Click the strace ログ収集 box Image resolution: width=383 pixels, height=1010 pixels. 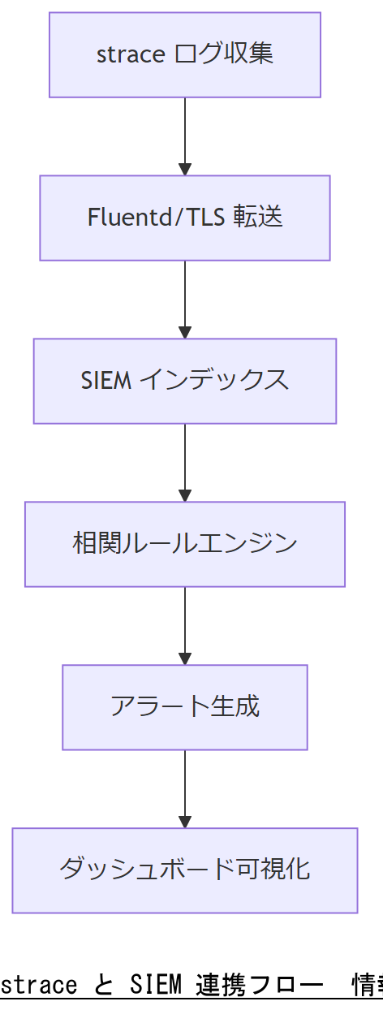[x=185, y=54]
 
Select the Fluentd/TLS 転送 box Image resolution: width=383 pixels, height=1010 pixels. [x=185, y=218]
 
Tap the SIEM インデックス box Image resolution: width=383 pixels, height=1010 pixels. [x=185, y=381]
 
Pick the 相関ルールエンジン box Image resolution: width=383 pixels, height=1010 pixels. [x=185, y=544]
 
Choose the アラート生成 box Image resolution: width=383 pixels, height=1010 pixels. [x=185, y=707]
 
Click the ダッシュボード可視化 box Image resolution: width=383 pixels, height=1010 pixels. [x=185, y=870]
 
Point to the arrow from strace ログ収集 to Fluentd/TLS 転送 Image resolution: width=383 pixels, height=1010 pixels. [x=185, y=136]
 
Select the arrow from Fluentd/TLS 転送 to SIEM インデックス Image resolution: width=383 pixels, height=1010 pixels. [x=185, y=299]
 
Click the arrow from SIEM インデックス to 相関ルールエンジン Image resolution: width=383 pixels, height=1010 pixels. [x=185, y=462]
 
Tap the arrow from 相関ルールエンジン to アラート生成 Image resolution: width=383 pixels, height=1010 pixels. [x=185, y=625]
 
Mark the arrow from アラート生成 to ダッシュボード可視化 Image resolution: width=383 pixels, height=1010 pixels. [x=185, y=788]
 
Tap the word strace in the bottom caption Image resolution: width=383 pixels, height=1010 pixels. [x=40, y=985]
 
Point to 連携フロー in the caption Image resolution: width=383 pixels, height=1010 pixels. [x=260, y=985]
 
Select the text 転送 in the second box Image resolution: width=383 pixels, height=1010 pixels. [x=258, y=218]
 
